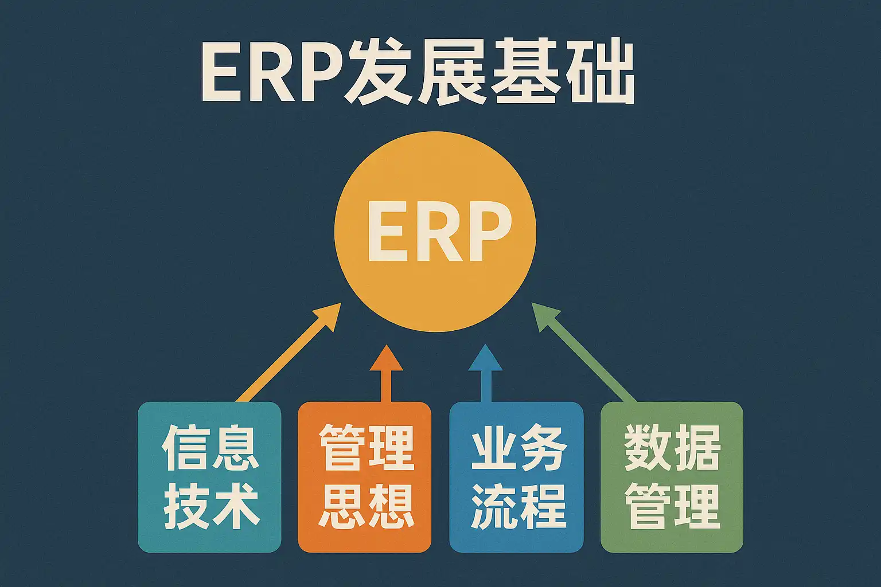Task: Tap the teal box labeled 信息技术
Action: click(x=209, y=477)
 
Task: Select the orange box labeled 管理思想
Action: click(x=364, y=477)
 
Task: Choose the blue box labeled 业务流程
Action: click(x=516, y=477)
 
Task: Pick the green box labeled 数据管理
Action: click(x=672, y=477)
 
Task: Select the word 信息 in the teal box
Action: click(x=210, y=448)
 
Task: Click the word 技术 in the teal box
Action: click(x=210, y=507)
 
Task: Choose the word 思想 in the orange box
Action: click(x=365, y=507)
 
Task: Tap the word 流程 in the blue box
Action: click(x=517, y=507)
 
